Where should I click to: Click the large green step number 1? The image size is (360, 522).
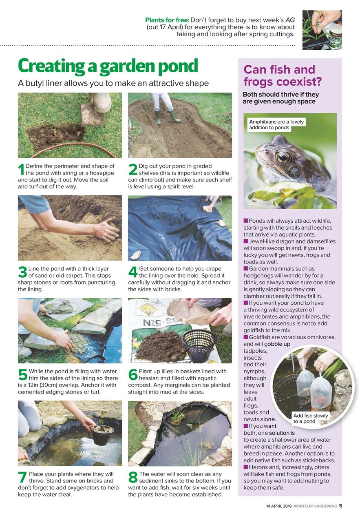point(21,170)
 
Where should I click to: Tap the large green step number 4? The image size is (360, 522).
point(132,273)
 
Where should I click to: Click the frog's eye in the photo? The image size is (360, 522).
point(283,157)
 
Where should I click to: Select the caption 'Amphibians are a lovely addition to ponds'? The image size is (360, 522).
point(276,124)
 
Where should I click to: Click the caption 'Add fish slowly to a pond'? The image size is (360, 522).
point(311,418)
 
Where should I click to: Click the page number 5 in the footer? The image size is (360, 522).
point(340,506)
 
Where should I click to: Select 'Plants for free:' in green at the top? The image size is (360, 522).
point(167,20)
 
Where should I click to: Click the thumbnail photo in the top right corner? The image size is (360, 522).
point(322,30)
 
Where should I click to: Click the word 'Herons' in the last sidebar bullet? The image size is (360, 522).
point(258,467)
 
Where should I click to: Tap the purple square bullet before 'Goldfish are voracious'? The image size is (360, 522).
point(246,337)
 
